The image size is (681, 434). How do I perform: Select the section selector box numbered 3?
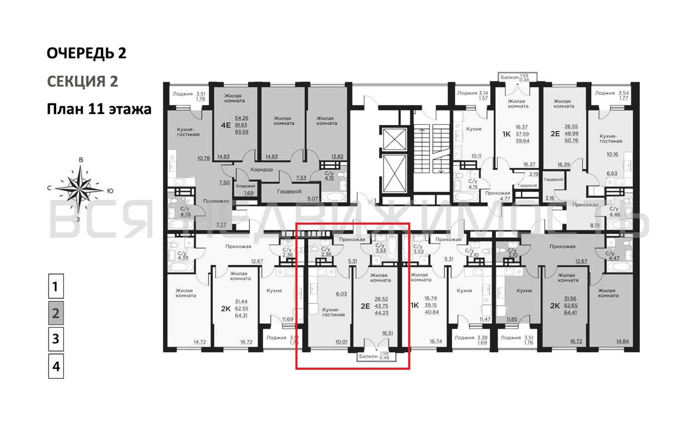tap(56, 339)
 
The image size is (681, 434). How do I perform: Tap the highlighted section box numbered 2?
tap(56, 313)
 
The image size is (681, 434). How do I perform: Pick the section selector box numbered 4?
tap(56, 366)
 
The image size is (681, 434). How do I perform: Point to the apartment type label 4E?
tap(226, 125)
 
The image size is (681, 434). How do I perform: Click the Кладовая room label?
tap(246, 186)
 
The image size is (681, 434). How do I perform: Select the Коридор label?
tap(262, 170)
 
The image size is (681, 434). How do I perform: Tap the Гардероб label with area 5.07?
tap(289, 191)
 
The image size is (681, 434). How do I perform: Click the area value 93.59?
tap(242, 132)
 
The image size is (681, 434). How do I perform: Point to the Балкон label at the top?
tap(510, 77)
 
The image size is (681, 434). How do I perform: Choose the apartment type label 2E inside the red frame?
tap(365, 306)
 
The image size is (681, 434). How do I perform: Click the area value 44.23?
tap(381, 313)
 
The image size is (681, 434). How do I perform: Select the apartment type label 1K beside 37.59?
tap(506, 134)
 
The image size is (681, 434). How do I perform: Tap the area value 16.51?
tap(387, 333)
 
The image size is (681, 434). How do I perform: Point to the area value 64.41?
tap(571, 312)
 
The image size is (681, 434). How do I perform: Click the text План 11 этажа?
tap(99, 109)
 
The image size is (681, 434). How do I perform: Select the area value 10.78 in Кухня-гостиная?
tap(204, 158)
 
